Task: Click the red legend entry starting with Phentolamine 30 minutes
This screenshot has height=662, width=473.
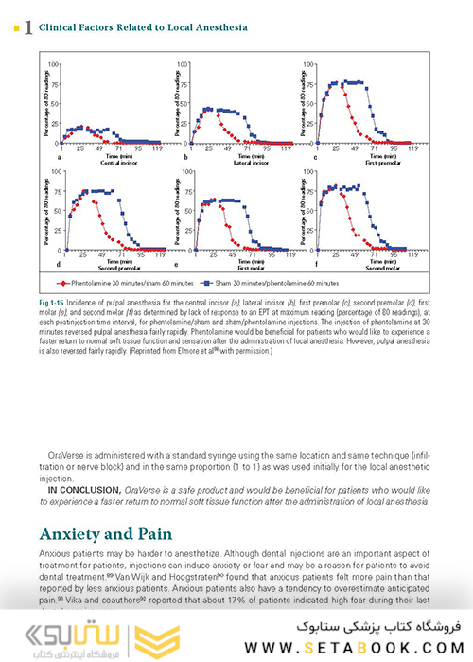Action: (x=119, y=281)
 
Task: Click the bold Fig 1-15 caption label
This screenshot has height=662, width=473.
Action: (x=51, y=298)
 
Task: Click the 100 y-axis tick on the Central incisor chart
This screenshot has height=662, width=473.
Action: (x=55, y=64)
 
